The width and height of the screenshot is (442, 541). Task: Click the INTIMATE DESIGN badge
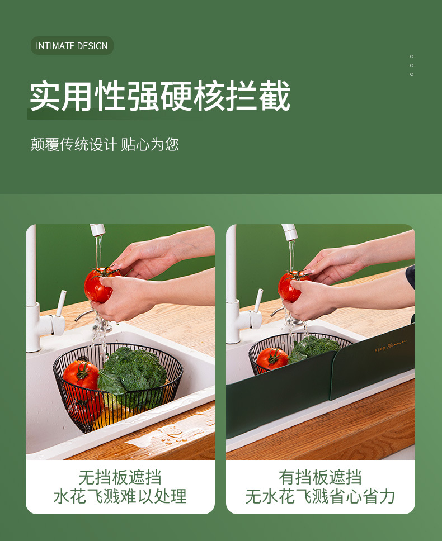[x=72, y=46]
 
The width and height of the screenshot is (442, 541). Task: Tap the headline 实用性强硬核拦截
[x=160, y=96]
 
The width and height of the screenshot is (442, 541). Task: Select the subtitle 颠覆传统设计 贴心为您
[x=105, y=144]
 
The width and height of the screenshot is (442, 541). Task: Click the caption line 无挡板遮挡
[x=120, y=477]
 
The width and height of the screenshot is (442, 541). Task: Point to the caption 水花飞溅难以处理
[x=120, y=496]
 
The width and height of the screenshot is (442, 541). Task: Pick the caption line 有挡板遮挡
[x=320, y=477]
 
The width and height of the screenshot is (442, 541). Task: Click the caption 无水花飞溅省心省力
[x=320, y=496]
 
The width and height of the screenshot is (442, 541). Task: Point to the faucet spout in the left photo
[x=98, y=230]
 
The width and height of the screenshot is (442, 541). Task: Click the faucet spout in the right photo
[x=289, y=231]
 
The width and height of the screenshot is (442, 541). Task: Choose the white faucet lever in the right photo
[x=258, y=300]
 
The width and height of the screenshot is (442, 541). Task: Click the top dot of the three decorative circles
[x=412, y=56]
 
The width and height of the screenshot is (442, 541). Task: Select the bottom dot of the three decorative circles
[x=412, y=74]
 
